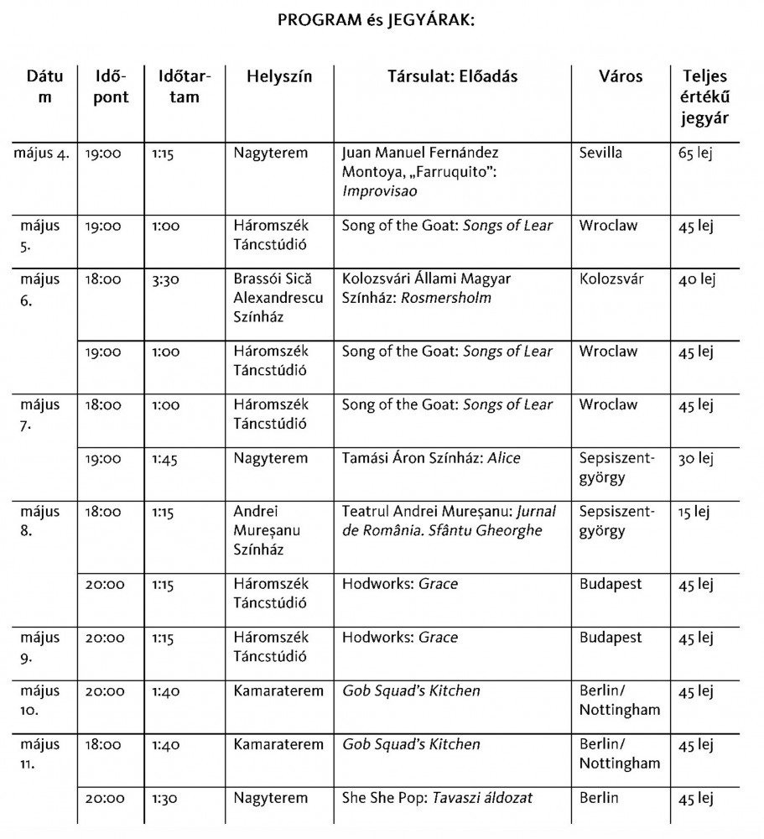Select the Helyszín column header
click(278, 76)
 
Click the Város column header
click(621, 76)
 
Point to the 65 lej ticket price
click(696, 154)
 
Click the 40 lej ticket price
click(696, 279)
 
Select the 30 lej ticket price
click(696, 458)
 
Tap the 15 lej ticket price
click(695, 511)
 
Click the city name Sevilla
click(602, 154)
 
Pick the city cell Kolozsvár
click(611, 279)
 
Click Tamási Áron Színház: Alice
click(431, 458)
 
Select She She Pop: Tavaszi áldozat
click(437, 798)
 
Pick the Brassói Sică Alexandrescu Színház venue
click(278, 298)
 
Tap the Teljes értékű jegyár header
click(704, 96)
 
